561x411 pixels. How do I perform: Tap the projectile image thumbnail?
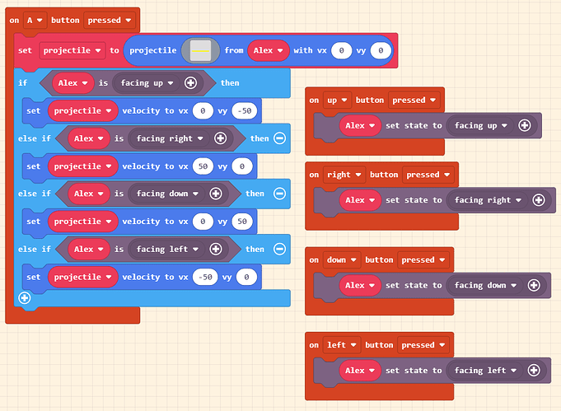pyautogui.click(x=200, y=50)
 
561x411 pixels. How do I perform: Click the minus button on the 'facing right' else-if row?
pyautogui.click(x=279, y=138)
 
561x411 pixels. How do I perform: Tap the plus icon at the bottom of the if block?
pyautogui.click(x=24, y=297)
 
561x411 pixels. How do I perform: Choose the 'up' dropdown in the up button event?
pyautogui.click(x=337, y=100)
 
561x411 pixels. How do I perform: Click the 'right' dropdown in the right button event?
pyautogui.click(x=343, y=175)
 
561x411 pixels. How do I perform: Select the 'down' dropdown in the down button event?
pyautogui.click(x=340, y=260)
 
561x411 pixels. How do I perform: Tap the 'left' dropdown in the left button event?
pyautogui.click(x=340, y=345)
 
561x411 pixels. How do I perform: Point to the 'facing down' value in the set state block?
pyautogui.click(x=484, y=286)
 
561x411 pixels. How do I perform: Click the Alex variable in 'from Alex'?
pyautogui.click(x=269, y=50)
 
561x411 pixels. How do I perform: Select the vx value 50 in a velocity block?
pyautogui.click(x=203, y=166)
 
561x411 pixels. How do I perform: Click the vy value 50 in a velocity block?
pyautogui.click(x=243, y=222)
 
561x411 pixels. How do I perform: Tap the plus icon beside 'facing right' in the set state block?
pyautogui.click(x=539, y=200)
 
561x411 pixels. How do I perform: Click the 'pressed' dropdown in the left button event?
pyautogui.click(x=426, y=345)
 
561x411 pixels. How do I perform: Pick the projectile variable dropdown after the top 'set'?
pyautogui.click(x=73, y=50)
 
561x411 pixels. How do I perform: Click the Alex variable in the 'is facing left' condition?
pyautogui.click(x=89, y=249)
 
